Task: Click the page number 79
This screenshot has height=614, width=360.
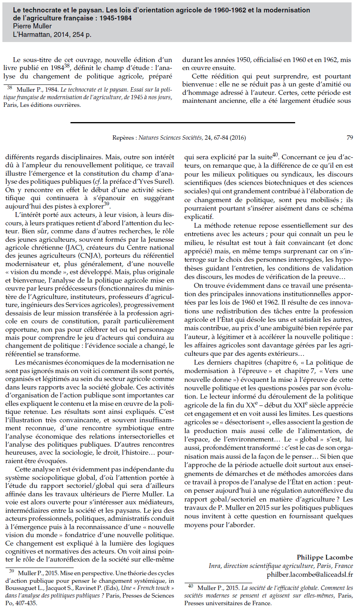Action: click(350, 138)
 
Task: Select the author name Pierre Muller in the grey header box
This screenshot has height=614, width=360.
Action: click(32, 26)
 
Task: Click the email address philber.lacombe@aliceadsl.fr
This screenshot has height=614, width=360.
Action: click(310, 574)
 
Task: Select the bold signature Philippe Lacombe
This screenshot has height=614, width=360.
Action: click(325, 557)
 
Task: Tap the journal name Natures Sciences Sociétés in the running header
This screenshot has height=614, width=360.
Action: click(170, 138)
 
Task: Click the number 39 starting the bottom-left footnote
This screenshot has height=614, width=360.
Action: click(11, 571)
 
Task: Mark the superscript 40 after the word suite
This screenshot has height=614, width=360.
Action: click(275, 155)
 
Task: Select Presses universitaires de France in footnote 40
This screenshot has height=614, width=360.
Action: click(227, 603)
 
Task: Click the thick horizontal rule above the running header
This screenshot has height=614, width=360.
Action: click(183, 122)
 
